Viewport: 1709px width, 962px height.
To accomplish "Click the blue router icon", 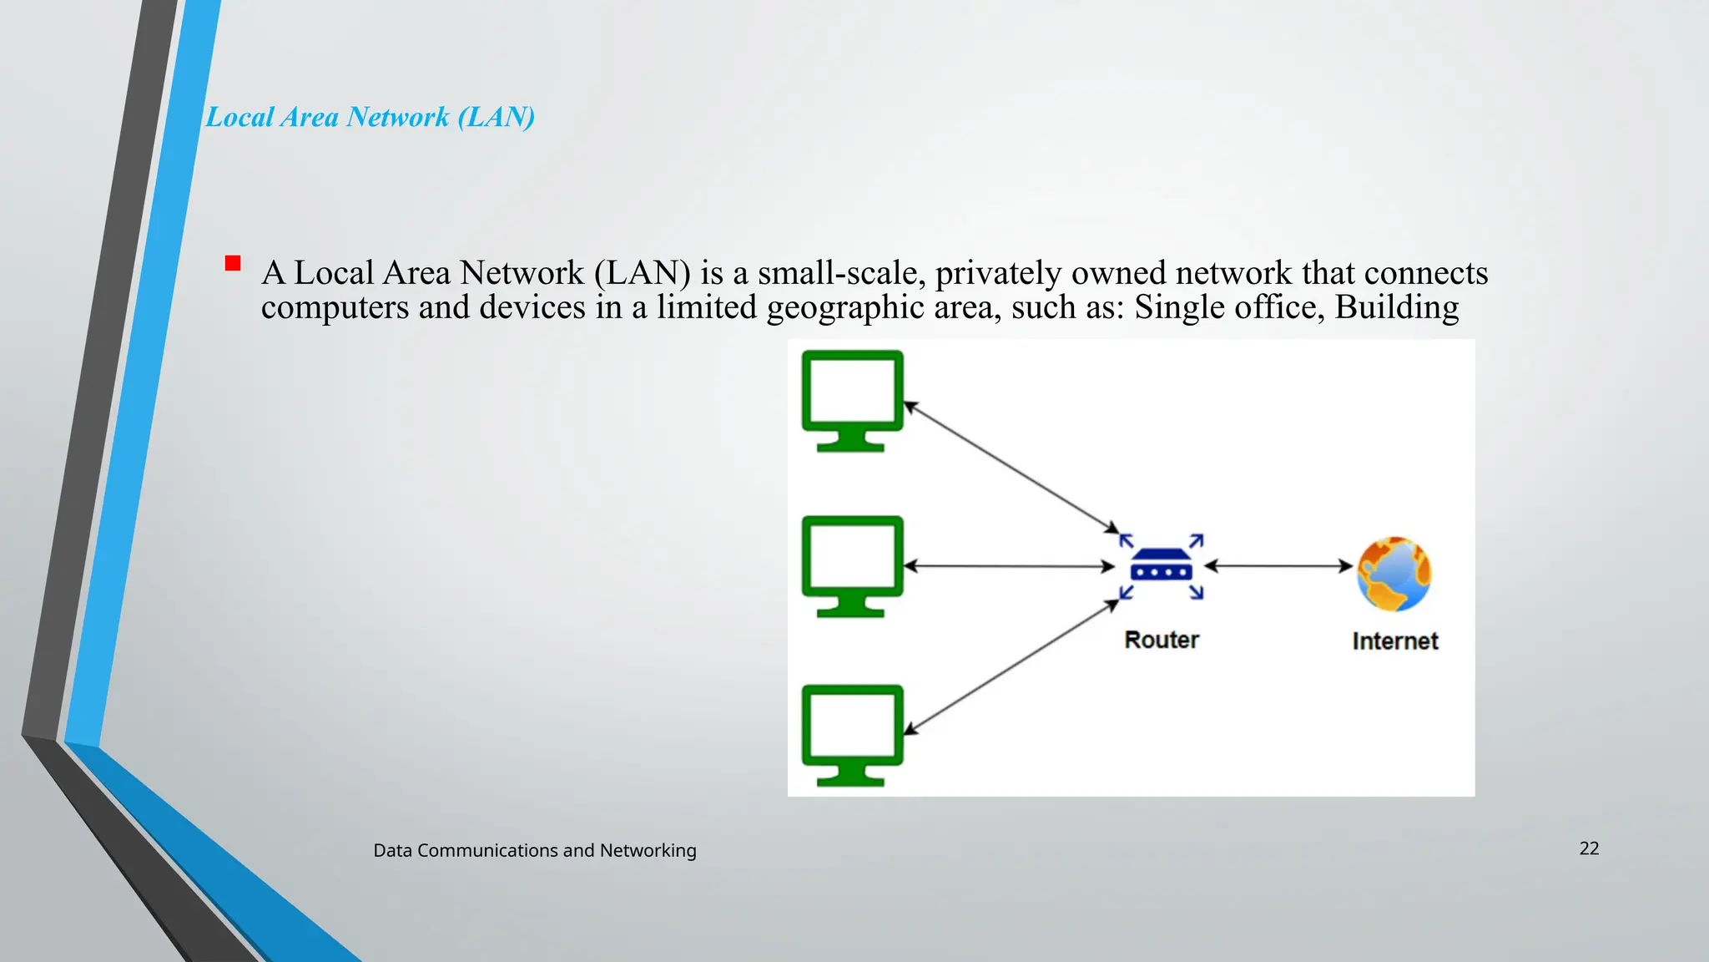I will (1162, 568).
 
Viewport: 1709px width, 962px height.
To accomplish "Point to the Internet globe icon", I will (1394, 574).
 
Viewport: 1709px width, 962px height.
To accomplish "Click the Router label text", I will (1162, 640).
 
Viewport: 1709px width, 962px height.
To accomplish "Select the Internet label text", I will (1395, 641).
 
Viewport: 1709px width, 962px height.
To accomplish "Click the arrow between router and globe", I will (1278, 566).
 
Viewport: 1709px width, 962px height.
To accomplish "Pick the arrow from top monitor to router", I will (1011, 467).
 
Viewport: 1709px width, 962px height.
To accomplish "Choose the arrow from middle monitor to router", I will (1010, 566).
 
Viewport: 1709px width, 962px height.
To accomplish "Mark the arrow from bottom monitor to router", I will (1011, 668).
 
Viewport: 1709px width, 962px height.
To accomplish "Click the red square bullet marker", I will (233, 264).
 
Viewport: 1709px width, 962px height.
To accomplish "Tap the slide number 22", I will (1589, 848).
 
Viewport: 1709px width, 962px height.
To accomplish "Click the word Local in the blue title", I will (239, 117).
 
